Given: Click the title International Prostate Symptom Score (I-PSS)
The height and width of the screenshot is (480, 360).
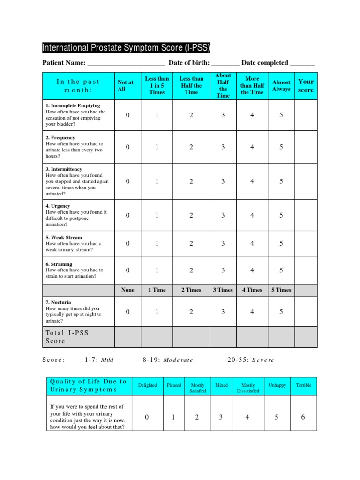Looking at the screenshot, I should pos(126,48).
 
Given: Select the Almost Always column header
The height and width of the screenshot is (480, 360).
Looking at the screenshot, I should pos(281,85).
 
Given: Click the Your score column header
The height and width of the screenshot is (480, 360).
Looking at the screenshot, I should pos(306,85).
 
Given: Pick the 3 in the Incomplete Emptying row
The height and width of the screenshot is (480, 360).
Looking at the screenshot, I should pos(223,115).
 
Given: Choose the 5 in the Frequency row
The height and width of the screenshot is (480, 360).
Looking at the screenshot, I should pos(281,147).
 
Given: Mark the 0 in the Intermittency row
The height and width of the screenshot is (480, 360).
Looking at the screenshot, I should pos(127,181).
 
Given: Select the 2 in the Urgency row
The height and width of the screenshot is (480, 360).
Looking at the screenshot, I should pos(191,215).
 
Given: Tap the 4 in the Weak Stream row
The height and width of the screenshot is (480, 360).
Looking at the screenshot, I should pos(252,243).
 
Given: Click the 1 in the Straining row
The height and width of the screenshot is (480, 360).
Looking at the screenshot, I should pos(157,270).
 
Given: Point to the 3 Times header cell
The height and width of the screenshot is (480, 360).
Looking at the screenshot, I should pos(223,290).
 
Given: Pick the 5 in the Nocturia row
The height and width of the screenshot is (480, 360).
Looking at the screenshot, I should pos(281,311).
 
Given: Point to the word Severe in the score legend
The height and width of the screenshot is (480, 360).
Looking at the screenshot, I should pos(263,360).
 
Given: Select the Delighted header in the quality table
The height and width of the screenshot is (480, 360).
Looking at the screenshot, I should pos(147,385).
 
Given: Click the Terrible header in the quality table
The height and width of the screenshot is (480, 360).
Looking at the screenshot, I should pos(303,385).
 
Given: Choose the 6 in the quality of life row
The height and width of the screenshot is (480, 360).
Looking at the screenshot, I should pos(303,417).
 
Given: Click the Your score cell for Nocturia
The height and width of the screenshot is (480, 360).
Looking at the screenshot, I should pos(306,311).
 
